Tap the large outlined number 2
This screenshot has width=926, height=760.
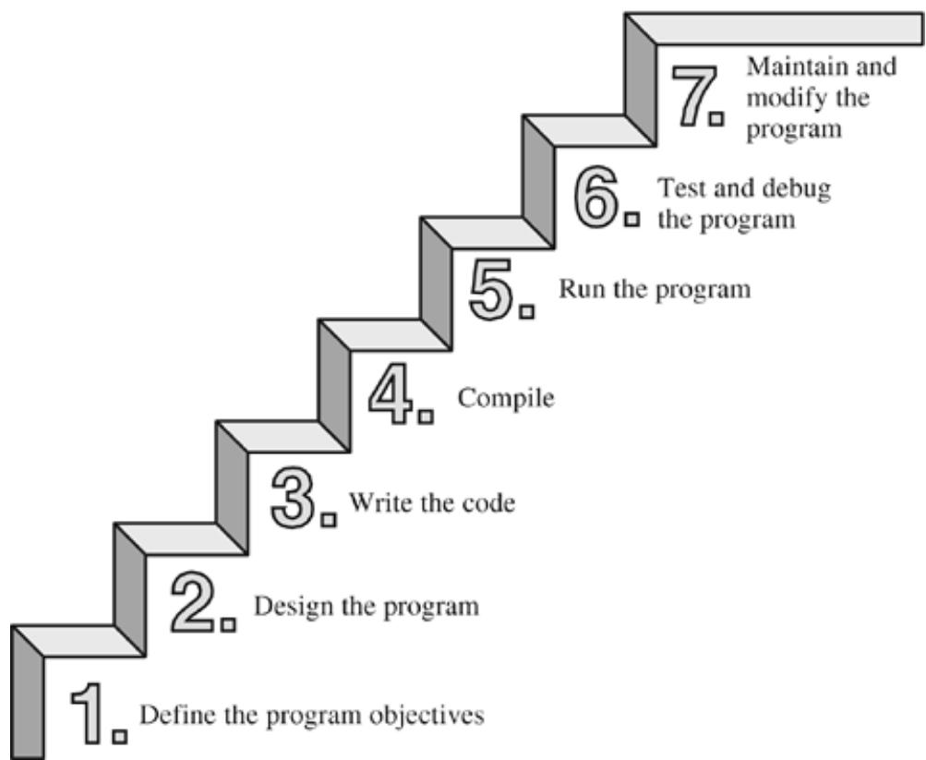pyautogui.click(x=193, y=604)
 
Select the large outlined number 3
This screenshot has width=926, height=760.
pyautogui.click(x=294, y=498)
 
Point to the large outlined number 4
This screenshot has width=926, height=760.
pyautogui.click(x=391, y=394)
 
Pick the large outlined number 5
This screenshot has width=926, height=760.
pyautogui.click(x=491, y=290)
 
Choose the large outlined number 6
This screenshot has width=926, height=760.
pyautogui.click(x=596, y=198)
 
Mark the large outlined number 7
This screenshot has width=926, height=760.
pyautogui.click(x=693, y=96)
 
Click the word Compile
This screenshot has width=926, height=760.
pyautogui.click(x=506, y=398)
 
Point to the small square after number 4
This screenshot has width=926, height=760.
pyautogui.click(x=426, y=416)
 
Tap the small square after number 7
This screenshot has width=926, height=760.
pyautogui.click(x=716, y=119)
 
